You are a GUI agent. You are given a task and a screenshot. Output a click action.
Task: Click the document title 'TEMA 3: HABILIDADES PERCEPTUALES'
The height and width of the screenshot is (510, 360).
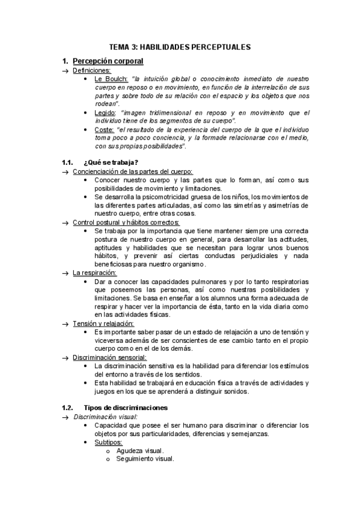pyautogui.click(x=180, y=46)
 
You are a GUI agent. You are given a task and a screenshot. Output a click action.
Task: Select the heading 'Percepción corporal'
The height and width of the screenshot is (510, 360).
pyautogui.click(x=108, y=61)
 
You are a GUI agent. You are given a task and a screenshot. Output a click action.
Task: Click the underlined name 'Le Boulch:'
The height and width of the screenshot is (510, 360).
pyautogui.click(x=111, y=79)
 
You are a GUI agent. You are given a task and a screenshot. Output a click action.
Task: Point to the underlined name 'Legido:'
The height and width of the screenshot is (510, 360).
pyautogui.click(x=106, y=113)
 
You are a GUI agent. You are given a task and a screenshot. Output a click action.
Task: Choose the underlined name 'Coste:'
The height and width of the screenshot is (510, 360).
pyautogui.click(x=105, y=130)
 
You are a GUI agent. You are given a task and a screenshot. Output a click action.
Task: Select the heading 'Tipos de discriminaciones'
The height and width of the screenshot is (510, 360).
pyautogui.click(x=126, y=408)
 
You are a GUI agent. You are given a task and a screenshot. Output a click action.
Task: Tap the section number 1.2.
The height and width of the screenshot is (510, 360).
pyautogui.click(x=68, y=408)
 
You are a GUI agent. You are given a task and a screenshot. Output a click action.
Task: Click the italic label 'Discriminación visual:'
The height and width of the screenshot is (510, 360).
pyautogui.click(x=105, y=417)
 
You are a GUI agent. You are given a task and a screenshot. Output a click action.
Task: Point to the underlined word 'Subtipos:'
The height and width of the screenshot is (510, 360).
pyautogui.click(x=108, y=442)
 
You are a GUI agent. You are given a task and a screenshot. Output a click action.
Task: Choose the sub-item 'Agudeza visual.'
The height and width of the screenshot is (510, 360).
pyautogui.click(x=139, y=450)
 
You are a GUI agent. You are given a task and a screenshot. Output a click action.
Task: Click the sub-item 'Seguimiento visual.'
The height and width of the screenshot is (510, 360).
pyautogui.click(x=145, y=459)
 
